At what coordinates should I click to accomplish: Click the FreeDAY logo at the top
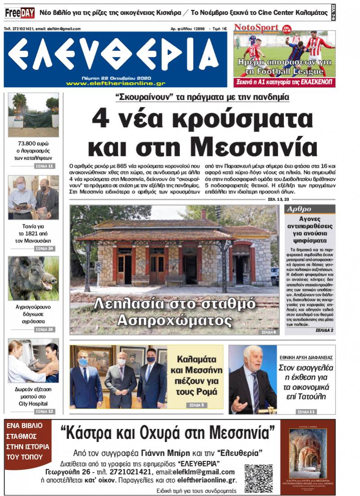click(x=19, y=13)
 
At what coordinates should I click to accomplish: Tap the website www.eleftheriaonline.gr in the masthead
click(x=115, y=83)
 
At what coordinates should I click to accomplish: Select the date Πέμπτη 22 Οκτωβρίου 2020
click(x=116, y=78)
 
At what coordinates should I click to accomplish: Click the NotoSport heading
click(x=256, y=28)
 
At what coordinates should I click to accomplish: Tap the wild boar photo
click(x=33, y=278)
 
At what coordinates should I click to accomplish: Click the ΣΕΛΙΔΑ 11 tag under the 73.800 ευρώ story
click(x=45, y=166)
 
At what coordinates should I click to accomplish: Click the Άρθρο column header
click(x=299, y=209)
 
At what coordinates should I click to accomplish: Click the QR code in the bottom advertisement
click(x=258, y=478)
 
